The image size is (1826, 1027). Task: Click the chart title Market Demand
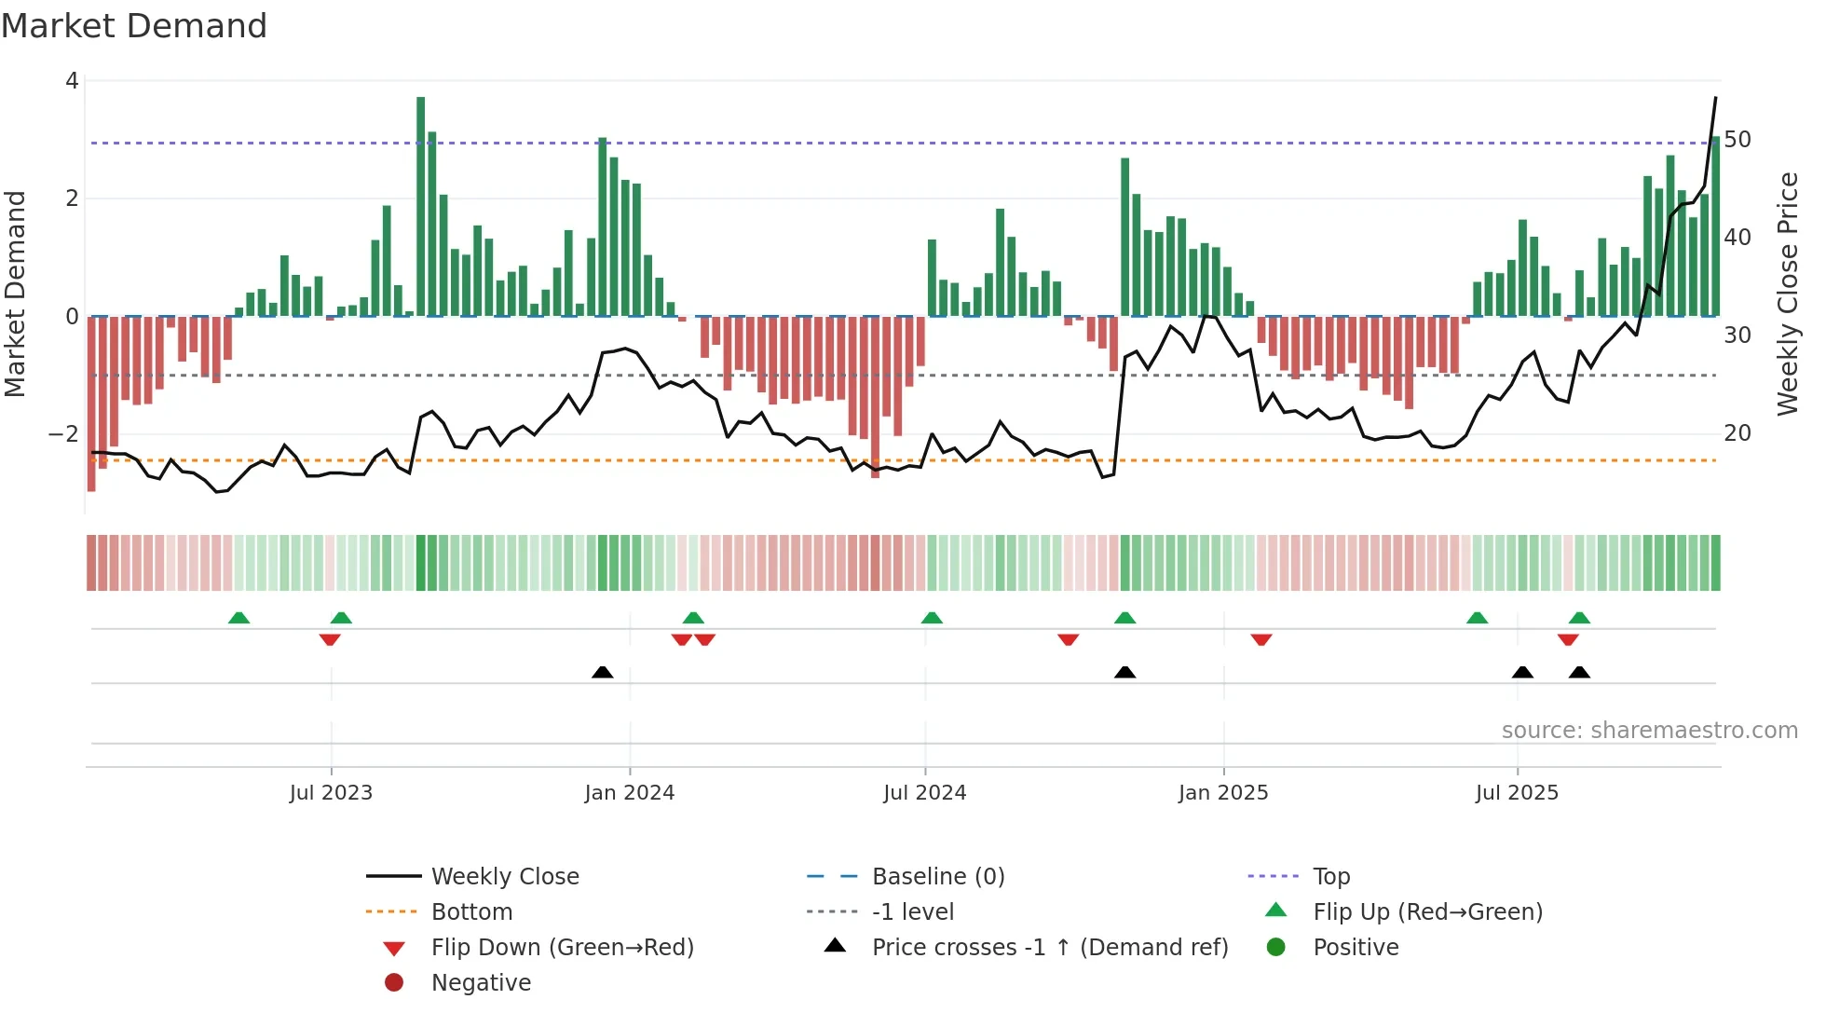pos(134,26)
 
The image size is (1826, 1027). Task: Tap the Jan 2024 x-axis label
pos(629,793)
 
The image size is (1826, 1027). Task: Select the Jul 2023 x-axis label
pos(331,793)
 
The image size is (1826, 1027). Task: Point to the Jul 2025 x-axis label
pos(1517,793)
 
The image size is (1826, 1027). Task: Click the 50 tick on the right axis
pos(1737,140)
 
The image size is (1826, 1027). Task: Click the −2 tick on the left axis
pos(63,434)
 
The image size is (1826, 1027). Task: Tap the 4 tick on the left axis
pos(72,81)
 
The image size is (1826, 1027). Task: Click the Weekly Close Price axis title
pos(1787,294)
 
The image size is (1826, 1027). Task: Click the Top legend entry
pos(1331,877)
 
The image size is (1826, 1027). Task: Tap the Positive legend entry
pos(1356,948)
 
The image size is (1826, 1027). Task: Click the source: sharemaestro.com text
pos(1649,731)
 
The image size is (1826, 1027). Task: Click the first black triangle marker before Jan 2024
pos(603,672)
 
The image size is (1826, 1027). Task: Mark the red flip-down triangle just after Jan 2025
pos(1261,639)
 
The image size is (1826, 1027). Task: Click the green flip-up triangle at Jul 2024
pos(932,618)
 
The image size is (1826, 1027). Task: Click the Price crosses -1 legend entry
pos(1050,948)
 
